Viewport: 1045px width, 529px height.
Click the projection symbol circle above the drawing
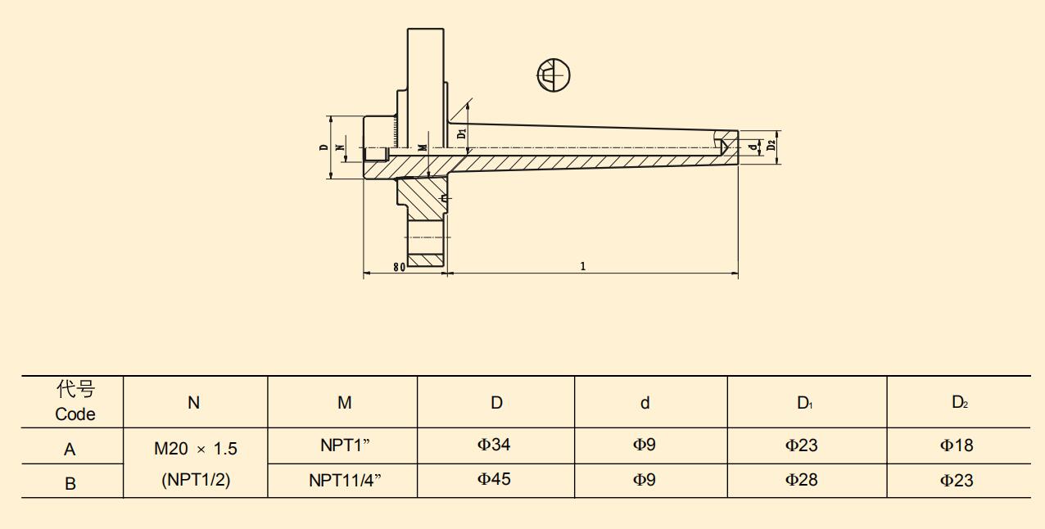[x=554, y=75]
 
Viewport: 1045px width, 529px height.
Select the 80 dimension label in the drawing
[x=399, y=267]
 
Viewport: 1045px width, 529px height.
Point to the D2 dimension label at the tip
[x=771, y=147]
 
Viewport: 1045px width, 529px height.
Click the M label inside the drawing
[x=422, y=147]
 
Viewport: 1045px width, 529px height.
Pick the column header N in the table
[x=194, y=402]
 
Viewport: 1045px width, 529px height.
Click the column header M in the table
[x=345, y=402]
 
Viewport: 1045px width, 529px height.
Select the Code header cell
[x=75, y=401]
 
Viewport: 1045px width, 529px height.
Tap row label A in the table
[x=70, y=450]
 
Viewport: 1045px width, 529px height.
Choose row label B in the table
[x=70, y=483]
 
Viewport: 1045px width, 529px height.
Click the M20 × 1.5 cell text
[x=196, y=449]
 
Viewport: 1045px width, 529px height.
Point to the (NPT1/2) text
[x=196, y=481]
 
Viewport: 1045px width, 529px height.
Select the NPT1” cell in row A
[x=345, y=446]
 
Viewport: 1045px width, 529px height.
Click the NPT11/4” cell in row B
[x=345, y=481]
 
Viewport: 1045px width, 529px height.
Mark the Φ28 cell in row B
[x=802, y=479]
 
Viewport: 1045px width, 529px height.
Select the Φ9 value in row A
[x=644, y=445]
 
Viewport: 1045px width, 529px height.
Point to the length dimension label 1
[x=583, y=266]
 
